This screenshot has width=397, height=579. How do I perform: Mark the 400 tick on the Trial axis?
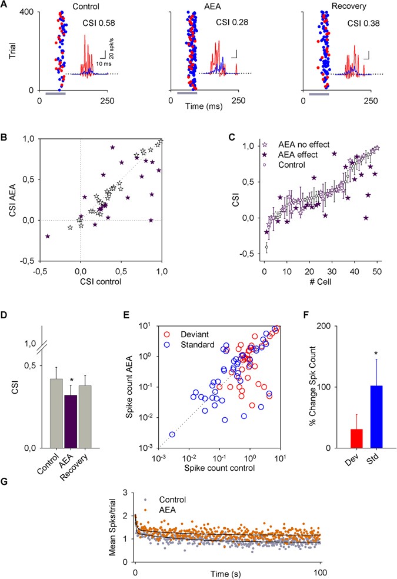pyautogui.click(x=27, y=13)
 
